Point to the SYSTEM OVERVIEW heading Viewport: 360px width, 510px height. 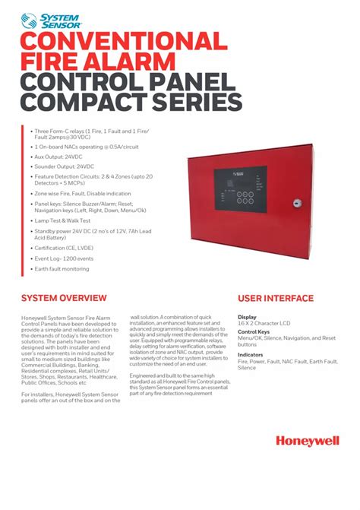coord(64,298)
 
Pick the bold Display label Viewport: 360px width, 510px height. coord(247,317)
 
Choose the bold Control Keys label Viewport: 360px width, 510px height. coord(254,332)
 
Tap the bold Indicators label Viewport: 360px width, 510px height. coord(251,355)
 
